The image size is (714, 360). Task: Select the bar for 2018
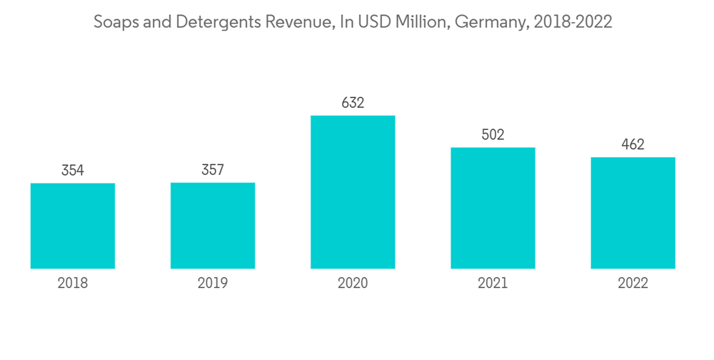[73, 226]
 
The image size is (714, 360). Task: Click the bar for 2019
[213, 226]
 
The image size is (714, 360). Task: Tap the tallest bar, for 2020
[353, 192]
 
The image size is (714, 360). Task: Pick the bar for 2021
[493, 208]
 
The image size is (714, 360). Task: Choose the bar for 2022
[633, 213]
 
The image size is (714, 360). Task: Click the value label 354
[73, 171]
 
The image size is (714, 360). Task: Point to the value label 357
[213, 170]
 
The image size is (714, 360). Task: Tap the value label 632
[353, 103]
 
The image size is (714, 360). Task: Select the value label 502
[493, 135]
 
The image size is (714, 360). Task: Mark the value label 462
[633, 145]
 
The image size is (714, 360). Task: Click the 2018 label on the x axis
[73, 284]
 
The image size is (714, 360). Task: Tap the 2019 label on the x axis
[213, 284]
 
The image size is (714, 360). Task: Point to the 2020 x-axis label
[353, 284]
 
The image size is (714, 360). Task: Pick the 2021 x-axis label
[493, 284]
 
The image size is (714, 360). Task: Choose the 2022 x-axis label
[633, 284]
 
